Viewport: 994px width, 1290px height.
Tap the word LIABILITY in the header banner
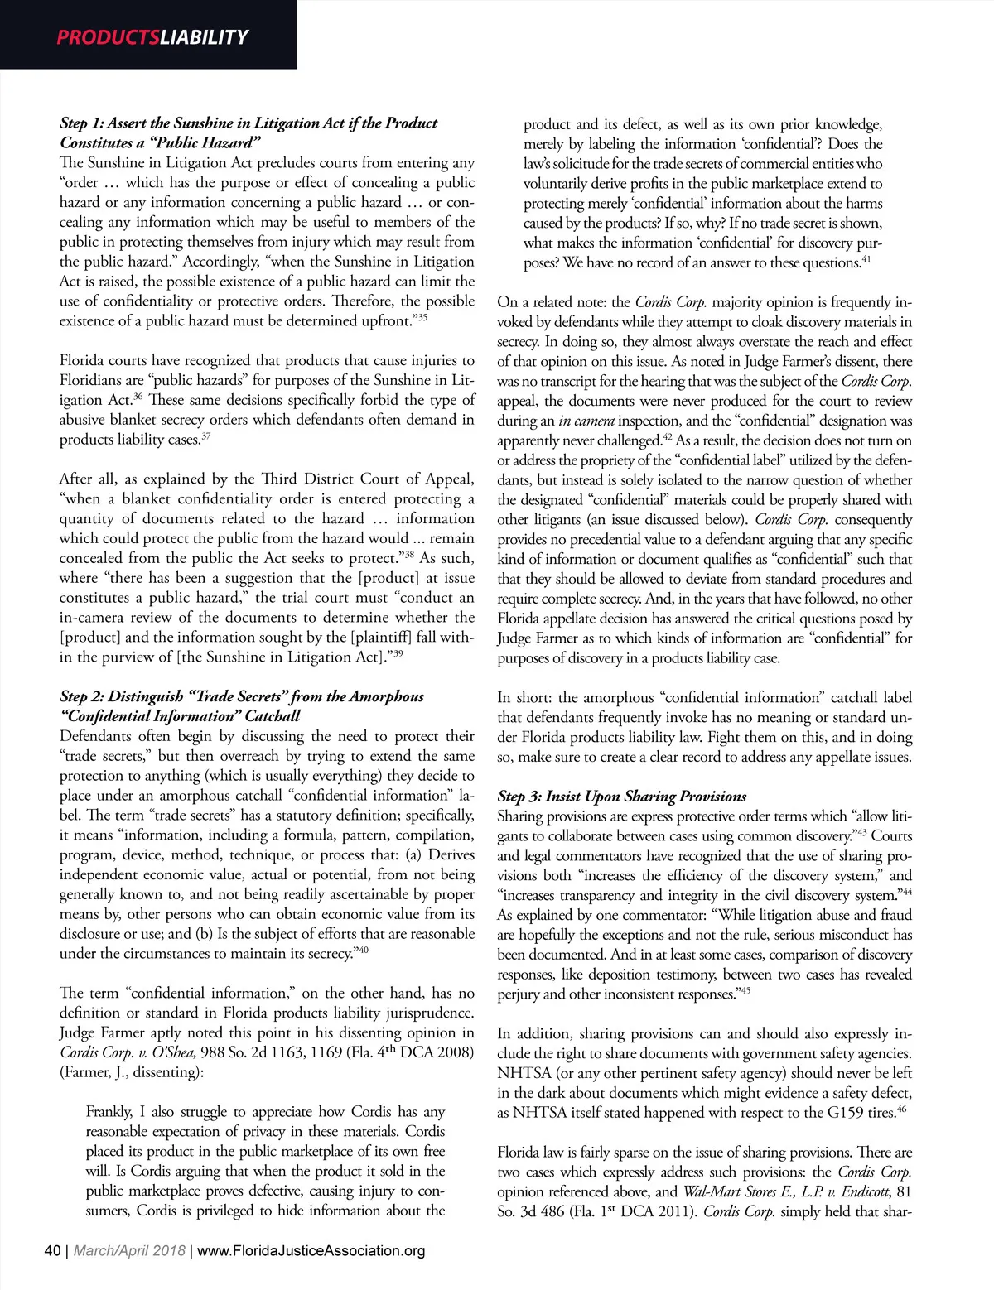tap(204, 37)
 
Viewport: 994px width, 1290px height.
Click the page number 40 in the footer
tap(52, 1250)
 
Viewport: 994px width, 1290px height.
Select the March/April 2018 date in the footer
tap(129, 1250)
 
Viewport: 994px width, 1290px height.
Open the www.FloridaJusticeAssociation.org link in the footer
tap(311, 1250)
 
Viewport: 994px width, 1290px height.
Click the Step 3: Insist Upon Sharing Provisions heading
tap(621, 797)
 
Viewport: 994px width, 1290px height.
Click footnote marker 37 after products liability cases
tap(205, 436)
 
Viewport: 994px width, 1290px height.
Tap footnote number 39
tap(398, 653)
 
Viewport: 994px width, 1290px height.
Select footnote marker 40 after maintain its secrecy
tap(363, 950)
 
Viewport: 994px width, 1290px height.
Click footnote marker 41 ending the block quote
tap(866, 260)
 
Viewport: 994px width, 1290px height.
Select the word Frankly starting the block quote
tap(109, 1112)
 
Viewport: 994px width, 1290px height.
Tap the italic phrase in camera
tap(586, 421)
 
